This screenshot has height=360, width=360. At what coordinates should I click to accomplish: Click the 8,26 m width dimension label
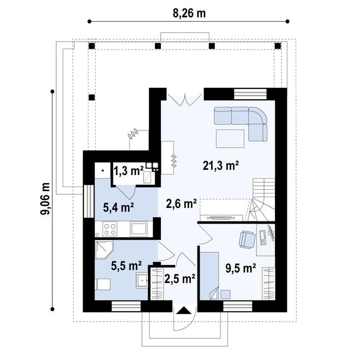(x=189, y=13)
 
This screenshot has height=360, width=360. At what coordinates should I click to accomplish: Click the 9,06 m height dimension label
(x=45, y=199)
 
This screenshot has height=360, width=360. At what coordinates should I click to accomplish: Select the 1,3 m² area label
(x=129, y=171)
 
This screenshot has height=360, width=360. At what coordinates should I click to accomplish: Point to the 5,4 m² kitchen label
(x=118, y=207)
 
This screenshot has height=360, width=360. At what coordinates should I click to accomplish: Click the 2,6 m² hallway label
(x=181, y=203)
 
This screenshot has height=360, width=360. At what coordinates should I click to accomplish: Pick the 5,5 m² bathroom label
(x=126, y=266)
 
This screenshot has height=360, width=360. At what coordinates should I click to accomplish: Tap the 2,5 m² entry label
(x=180, y=278)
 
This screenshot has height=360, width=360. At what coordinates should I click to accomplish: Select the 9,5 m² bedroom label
(x=241, y=268)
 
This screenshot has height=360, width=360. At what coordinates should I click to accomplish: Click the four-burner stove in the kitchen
(x=110, y=229)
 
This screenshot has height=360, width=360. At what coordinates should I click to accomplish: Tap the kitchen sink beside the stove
(x=139, y=229)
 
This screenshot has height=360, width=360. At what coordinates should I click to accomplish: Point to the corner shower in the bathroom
(x=104, y=250)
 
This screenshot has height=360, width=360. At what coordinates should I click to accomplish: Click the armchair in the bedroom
(x=247, y=240)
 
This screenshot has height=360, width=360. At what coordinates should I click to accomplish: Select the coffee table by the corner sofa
(x=230, y=139)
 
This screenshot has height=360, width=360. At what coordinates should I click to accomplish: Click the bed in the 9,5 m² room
(x=209, y=276)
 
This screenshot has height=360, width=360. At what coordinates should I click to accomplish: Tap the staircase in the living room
(x=262, y=200)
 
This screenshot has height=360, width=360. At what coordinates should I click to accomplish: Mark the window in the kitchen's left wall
(x=89, y=201)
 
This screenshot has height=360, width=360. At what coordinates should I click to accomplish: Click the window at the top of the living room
(x=250, y=94)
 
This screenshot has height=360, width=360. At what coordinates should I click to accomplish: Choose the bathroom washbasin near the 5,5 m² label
(x=142, y=280)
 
